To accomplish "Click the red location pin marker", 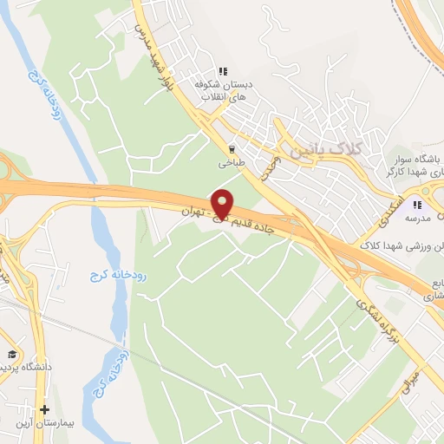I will click(223, 204).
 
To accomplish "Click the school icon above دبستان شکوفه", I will click(223, 72).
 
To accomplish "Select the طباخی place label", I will click(232, 162).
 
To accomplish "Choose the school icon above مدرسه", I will click(417, 206).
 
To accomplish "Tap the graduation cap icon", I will click(12, 354).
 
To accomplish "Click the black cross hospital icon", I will click(46, 409).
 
